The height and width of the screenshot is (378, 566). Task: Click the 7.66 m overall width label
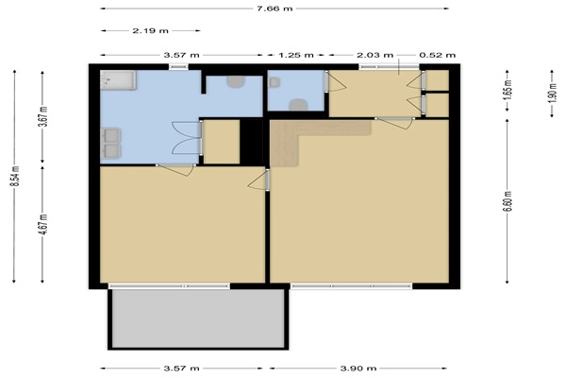click(x=275, y=9)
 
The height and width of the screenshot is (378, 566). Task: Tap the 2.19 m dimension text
click(x=151, y=31)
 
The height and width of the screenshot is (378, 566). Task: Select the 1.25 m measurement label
click(x=295, y=55)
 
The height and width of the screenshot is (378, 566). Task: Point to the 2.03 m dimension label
click(x=375, y=55)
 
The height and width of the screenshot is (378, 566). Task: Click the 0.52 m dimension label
click(x=437, y=55)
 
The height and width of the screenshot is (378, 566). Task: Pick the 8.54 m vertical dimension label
click(x=14, y=176)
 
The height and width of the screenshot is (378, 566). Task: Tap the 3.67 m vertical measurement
click(x=43, y=116)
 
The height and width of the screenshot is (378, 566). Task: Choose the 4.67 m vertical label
click(x=43, y=224)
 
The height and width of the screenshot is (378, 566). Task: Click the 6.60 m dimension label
click(x=508, y=201)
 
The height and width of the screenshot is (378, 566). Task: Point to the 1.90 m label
click(x=552, y=93)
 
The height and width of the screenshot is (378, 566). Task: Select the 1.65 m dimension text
click(x=508, y=91)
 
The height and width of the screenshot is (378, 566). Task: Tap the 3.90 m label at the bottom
click(x=358, y=369)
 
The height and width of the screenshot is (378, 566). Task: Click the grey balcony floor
click(x=198, y=318)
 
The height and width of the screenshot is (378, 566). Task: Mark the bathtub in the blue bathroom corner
click(x=118, y=80)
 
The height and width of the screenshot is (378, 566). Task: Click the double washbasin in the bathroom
click(x=111, y=143)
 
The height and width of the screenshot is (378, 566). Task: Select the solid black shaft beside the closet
click(x=251, y=142)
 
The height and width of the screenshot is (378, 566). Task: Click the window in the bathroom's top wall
click(x=178, y=66)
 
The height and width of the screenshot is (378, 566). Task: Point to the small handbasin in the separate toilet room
click(x=275, y=82)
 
